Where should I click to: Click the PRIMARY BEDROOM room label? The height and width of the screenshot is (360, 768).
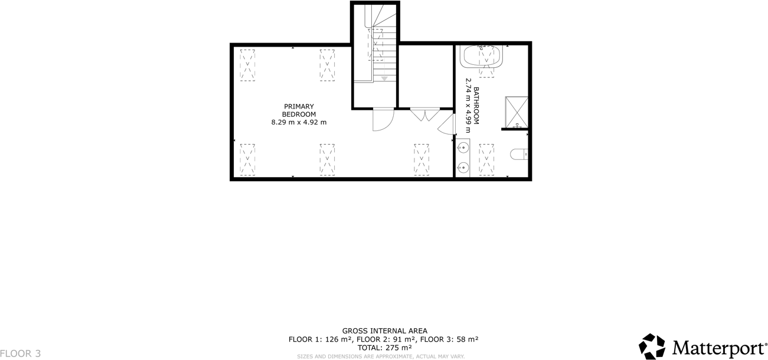coord(298,110)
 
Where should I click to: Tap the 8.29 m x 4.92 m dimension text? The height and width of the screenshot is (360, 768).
coord(298,122)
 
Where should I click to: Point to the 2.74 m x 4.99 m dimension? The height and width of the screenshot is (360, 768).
coord(468,106)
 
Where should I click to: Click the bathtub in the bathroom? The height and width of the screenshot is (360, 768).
coord(482,56)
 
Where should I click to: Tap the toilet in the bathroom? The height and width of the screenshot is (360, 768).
coord(519,154)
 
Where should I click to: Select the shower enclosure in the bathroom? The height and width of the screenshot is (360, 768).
coord(517,112)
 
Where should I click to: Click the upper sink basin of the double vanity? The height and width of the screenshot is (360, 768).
coord(463,148)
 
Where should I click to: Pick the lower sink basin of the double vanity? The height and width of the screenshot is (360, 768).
coord(463,166)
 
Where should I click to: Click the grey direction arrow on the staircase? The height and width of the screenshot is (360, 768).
coord(384,78)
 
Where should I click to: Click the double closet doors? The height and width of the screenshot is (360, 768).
coord(424,114)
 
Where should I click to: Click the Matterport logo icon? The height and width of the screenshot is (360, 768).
coord(652,346)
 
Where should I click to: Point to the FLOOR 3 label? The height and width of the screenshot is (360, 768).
coord(21,354)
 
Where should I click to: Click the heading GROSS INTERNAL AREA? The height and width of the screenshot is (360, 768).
coord(384,331)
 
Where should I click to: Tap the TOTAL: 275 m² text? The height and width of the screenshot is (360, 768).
coord(384,348)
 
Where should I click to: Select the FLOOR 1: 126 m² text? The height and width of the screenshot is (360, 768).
coord(320,339)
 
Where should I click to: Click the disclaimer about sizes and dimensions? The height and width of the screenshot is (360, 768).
coord(381,356)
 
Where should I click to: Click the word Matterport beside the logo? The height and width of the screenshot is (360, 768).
coord(718,347)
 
